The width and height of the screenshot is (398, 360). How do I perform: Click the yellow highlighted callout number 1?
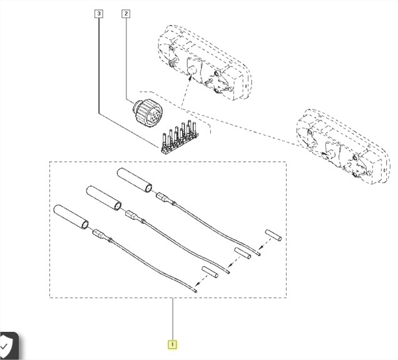pos(171,343)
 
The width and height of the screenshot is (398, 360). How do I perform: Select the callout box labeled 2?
pos(125,13)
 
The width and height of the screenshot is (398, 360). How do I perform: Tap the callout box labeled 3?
pos(98,13)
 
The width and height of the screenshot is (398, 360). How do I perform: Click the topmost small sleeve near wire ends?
pos(272,236)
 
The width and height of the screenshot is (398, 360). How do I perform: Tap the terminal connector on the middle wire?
pos(131,216)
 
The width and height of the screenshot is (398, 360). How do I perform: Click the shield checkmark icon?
pos(8,345)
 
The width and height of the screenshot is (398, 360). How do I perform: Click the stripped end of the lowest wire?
pos(196,291)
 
